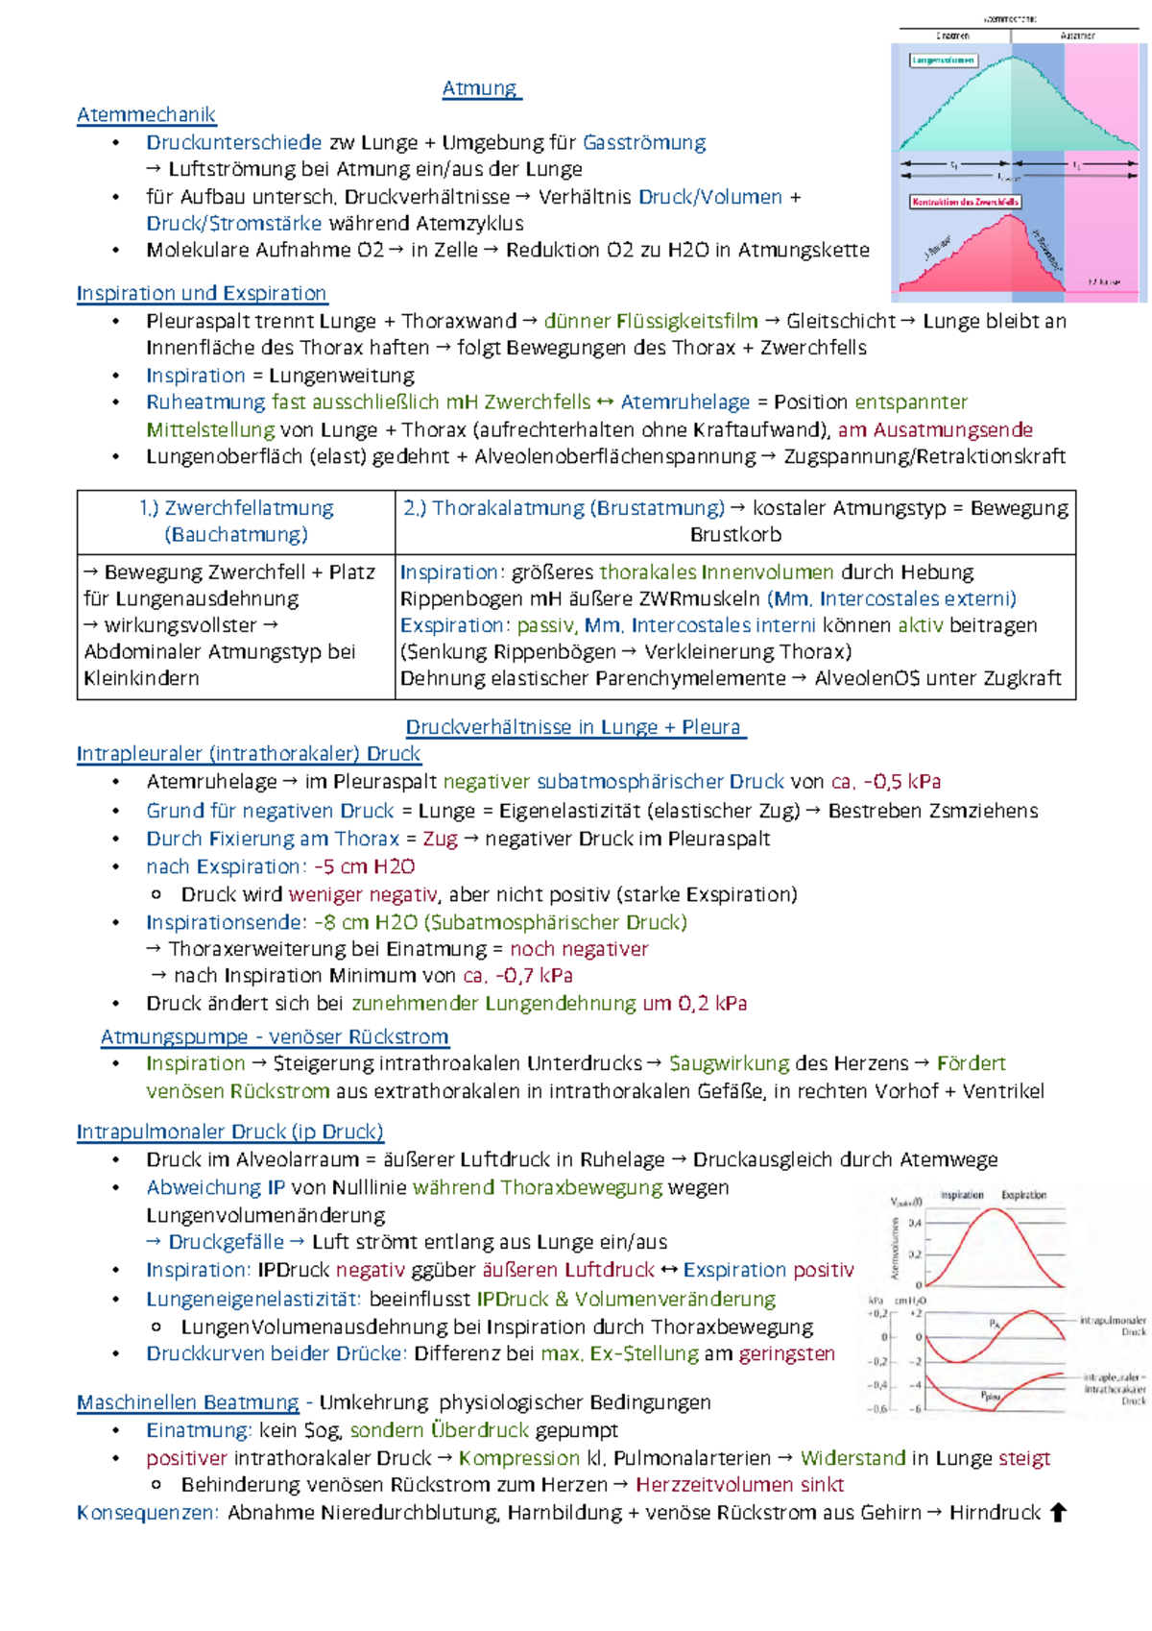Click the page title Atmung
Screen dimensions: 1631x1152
(x=480, y=88)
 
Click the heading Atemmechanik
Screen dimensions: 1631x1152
(x=146, y=115)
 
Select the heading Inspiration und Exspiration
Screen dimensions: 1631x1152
(x=202, y=293)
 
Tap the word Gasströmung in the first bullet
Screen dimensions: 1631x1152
(x=644, y=143)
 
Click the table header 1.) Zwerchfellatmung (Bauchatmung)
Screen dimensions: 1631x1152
(x=236, y=521)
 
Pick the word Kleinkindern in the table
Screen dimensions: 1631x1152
(x=141, y=678)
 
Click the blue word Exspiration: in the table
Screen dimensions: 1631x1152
(x=454, y=625)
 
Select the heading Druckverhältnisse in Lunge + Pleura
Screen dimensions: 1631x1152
(x=575, y=727)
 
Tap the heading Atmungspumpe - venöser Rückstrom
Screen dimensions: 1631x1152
(x=275, y=1037)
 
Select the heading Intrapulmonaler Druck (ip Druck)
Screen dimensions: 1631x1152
(x=230, y=1132)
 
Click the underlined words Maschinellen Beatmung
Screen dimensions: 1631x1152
(x=188, y=1402)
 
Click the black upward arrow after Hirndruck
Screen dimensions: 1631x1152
(x=1058, y=1513)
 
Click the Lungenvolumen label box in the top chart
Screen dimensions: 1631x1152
(x=943, y=60)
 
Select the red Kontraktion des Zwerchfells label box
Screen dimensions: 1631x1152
(x=965, y=202)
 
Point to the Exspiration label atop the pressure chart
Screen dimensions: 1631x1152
(x=1023, y=1195)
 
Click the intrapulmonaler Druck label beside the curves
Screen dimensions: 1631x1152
(x=1113, y=1326)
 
